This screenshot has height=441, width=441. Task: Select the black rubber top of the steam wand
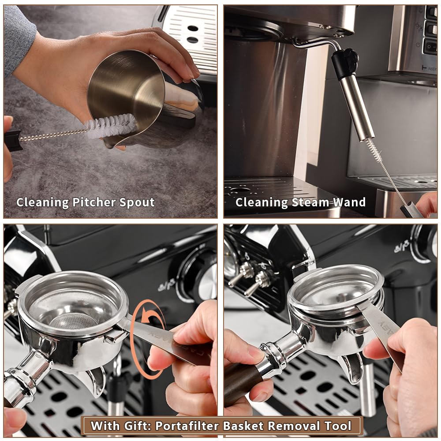pyautogui.click(x=344, y=62)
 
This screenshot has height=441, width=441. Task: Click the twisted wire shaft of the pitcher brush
pyautogui.click(x=53, y=135)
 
